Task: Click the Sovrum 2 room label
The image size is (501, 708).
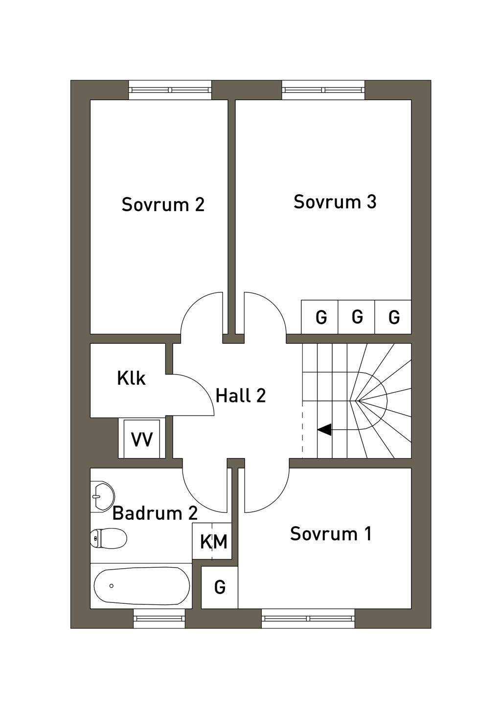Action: pos(163,204)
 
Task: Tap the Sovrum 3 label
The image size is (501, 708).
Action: pos(335,201)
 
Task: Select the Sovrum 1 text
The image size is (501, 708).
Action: pos(331,533)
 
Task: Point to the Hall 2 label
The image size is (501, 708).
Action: pos(240,395)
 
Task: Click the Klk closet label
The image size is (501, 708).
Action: pos(131,378)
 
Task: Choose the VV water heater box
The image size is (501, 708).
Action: pos(142,439)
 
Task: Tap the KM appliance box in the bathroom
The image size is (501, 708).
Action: pos(214,541)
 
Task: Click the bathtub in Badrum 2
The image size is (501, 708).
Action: pos(141,586)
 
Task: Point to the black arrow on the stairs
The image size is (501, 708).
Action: pos(324,430)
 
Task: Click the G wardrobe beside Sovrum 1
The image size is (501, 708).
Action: pos(220,587)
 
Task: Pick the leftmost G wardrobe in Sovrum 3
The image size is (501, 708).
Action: pos(320,317)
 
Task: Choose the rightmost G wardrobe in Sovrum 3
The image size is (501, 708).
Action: pos(393,317)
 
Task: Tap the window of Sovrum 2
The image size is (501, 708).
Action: pos(170,90)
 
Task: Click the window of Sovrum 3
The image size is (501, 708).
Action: pos(323,90)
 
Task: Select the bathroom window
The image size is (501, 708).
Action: pos(159,619)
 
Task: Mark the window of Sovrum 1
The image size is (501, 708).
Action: pos(308,619)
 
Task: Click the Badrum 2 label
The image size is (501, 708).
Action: pos(155,513)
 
